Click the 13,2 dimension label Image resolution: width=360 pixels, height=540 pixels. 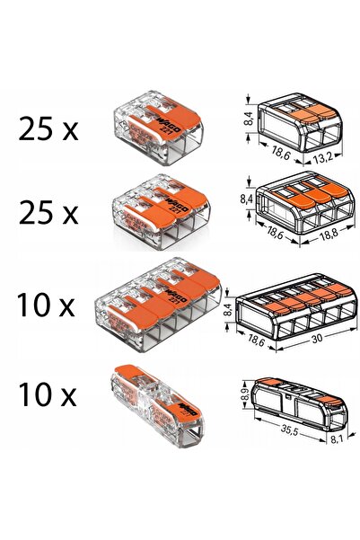click(x=322, y=159)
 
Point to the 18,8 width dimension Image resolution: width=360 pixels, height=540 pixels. click(x=329, y=235)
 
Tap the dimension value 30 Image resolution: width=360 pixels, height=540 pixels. click(x=317, y=338)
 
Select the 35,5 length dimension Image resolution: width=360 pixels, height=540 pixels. click(x=288, y=430)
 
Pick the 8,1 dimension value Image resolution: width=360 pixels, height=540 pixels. click(x=337, y=439)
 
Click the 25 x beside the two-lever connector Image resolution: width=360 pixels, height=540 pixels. click(x=48, y=128)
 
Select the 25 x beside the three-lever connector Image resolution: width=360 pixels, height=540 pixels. click(x=48, y=212)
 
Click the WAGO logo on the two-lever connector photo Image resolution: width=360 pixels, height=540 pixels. click(x=169, y=125)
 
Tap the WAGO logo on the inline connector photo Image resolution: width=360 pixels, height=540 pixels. click(x=188, y=407)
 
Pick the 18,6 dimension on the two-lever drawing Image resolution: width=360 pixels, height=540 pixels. click(x=280, y=152)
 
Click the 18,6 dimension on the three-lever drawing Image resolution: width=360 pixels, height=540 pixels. click(x=275, y=232)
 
